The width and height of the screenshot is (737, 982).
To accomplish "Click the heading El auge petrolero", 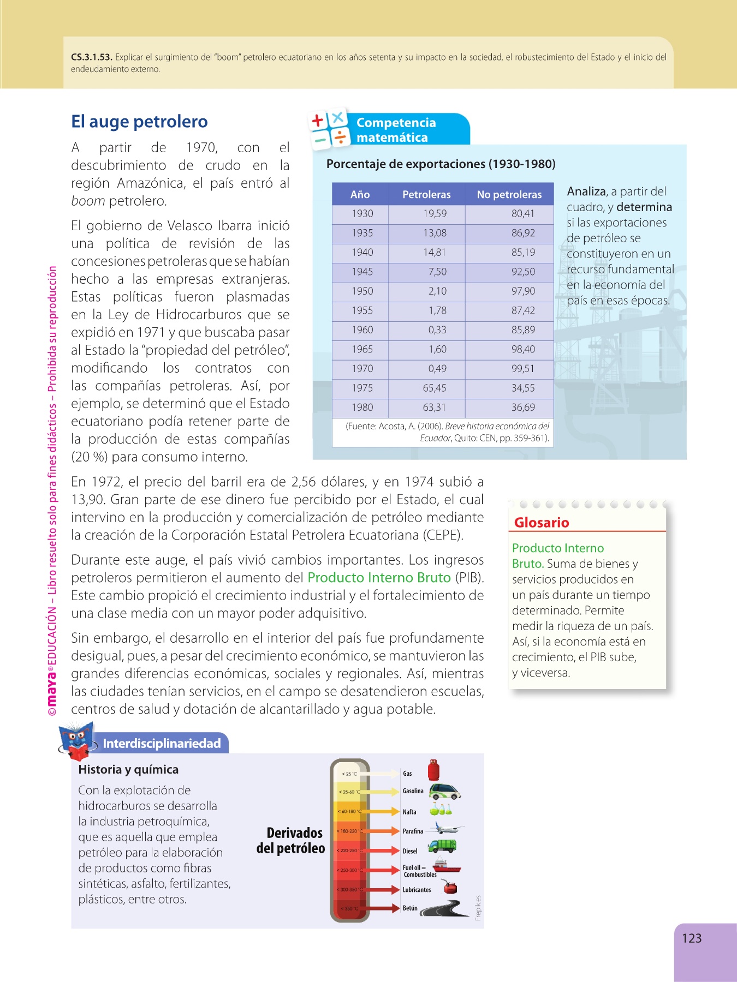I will point(139,121).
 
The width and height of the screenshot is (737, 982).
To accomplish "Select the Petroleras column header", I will point(426,194).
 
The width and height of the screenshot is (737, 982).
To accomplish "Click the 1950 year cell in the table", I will point(362,291).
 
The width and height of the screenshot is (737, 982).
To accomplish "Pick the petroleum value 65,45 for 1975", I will point(435,388).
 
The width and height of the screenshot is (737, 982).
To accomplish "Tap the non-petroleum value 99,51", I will point(522,369).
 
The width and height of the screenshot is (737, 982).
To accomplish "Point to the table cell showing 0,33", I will point(437,330).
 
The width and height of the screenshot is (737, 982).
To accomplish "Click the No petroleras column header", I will point(509,194).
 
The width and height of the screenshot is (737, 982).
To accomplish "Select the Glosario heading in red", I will point(542,523).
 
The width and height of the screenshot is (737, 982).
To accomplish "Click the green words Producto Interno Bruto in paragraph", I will point(379,577).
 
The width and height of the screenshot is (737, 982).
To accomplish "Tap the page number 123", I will point(691,938).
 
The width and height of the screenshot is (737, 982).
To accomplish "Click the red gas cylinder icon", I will point(433,770).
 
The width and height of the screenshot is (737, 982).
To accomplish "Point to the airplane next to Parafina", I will point(446,829).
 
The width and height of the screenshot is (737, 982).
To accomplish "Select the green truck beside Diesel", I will point(442,847).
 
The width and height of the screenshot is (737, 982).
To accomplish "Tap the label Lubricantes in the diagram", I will point(417,890).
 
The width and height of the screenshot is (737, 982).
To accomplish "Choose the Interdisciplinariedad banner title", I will point(162,744).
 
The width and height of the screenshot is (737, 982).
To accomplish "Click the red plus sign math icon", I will point(318,120).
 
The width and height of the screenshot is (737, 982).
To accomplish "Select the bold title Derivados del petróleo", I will point(291,840).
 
